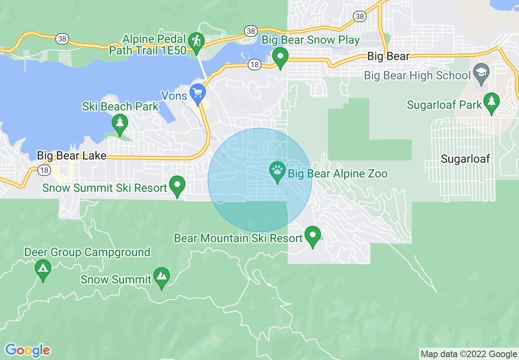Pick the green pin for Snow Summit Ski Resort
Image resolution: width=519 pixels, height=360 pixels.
click(x=177, y=185)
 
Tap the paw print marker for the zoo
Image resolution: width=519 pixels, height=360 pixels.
click(x=277, y=171)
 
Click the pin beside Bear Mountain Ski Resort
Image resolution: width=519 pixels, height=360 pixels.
click(x=313, y=236)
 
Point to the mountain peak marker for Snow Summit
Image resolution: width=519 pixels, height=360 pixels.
click(x=162, y=277)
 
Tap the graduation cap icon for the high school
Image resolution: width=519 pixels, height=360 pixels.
click(x=481, y=72)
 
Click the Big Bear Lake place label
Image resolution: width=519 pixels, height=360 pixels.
click(x=72, y=156)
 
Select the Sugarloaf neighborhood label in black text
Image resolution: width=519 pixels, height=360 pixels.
click(x=465, y=159)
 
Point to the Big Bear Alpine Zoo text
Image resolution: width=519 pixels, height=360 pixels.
click(x=338, y=174)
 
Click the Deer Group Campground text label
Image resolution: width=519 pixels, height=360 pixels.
click(x=87, y=252)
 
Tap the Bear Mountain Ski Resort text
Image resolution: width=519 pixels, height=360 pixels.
click(x=239, y=238)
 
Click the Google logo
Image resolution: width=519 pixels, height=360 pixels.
click(x=27, y=350)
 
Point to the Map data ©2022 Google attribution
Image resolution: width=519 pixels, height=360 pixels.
click(x=469, y=354)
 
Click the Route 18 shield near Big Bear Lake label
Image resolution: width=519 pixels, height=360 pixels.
click(x=43, y=170)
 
